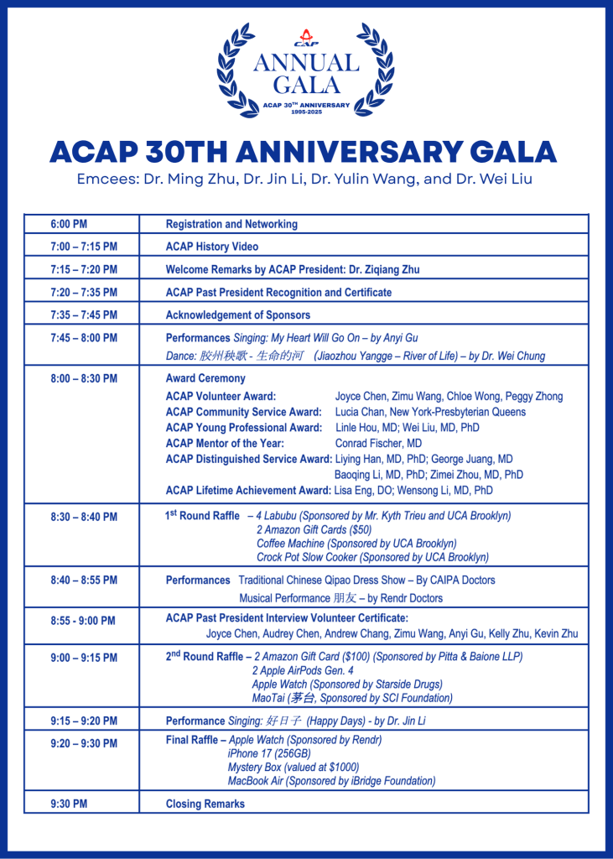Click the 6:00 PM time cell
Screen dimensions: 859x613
(69, 224)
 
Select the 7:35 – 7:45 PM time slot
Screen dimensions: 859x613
(84, 315)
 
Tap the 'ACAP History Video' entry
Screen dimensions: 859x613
(212, 247)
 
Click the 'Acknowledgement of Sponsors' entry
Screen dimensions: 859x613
(238, 315)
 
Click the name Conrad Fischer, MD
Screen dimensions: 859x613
(378, 443)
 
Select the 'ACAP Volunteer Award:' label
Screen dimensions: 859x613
(221, 396)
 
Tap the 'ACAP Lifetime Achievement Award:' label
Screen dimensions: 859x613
(248, 490)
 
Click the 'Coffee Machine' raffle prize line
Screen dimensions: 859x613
(356, 544)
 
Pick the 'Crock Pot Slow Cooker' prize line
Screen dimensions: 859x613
(372, 557)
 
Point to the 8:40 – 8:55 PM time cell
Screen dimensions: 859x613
(84, 580)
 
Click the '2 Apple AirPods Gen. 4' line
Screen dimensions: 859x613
(303, 670)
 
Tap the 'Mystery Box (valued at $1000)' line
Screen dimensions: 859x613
(294, 767)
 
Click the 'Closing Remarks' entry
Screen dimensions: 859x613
(205, 804)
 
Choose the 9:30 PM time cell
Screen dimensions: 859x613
(69, 804)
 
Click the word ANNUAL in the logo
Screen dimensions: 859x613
(306, 63)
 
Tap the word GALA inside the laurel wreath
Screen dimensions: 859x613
(306, 85)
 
